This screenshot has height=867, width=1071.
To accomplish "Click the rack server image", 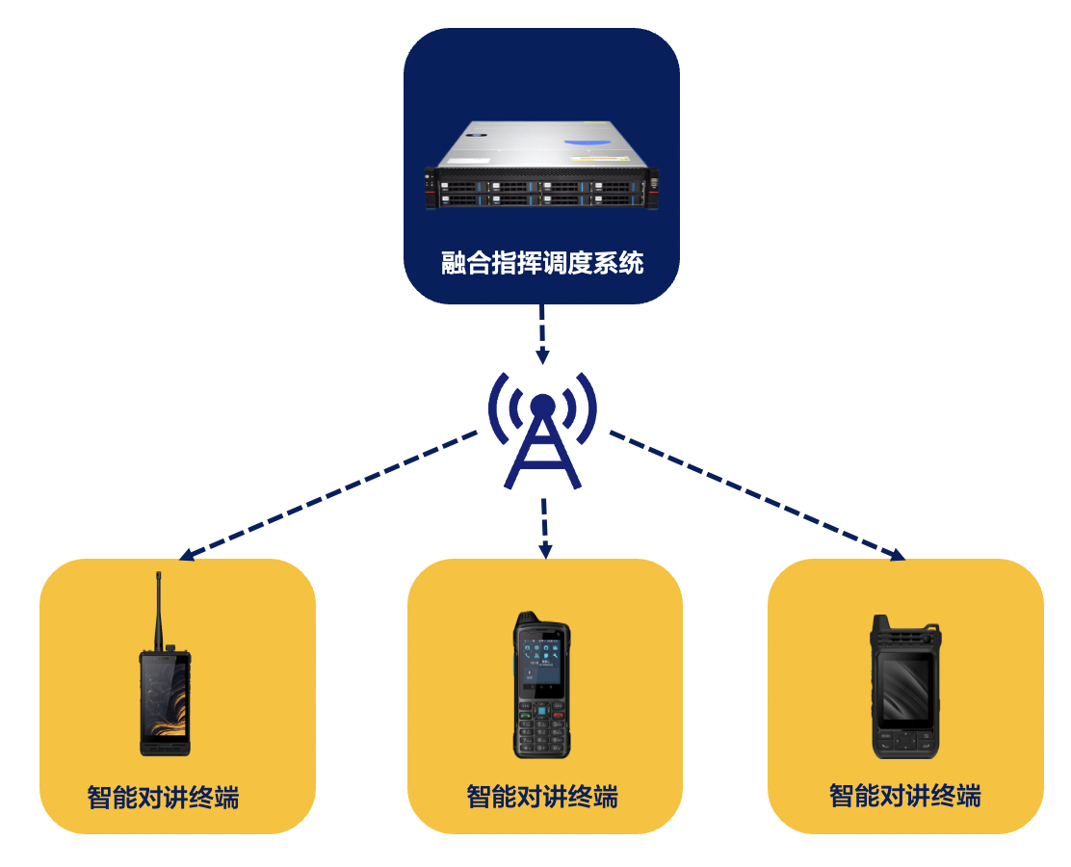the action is pyautogui.click(x=541, y=165).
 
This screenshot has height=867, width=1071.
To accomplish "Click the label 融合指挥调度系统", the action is pyautogui.click(x=542, y=263).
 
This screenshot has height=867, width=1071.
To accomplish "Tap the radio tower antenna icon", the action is pyautogui.click(x=542, y=431).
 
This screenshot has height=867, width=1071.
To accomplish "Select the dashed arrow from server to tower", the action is pyautogui.click(x=541, y=334).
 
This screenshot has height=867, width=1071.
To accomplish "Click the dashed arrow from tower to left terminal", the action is pyautogui.click(x=327, y=495).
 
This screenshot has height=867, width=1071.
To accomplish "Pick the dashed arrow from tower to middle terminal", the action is pyautogui.click(x=544, y=528).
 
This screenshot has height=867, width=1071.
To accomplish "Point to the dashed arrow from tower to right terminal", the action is pyautogui.click(x=757, y=495).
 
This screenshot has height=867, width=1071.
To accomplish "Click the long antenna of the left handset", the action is pyautogui.click(x=159, y=611).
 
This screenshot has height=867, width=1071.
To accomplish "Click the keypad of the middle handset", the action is pyautogui.click(x=541, y=727).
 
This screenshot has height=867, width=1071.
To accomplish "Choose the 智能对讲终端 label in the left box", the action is pyautogui.click(x=163, y=798).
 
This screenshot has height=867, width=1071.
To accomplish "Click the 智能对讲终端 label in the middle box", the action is pyautogui.click(x=542, y=797).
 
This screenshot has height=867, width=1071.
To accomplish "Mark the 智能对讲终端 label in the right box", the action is pyautogui.click(x=905, y=796).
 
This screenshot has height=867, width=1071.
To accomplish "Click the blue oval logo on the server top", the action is pyautogui.click(x=588, y=143).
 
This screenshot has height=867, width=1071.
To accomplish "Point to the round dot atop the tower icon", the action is pyautogui.click(x=542, y=407).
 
